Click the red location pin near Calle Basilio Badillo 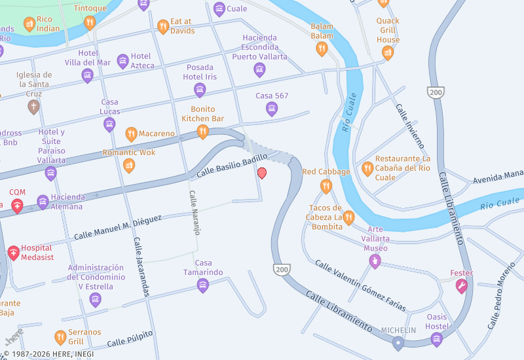(262, 173)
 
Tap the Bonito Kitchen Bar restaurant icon (203, 132)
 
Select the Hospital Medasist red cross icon (13, 252)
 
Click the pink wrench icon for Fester (462, 286)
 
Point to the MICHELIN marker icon (398, 342)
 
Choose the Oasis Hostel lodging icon (437, 339)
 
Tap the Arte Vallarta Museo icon (375, 261)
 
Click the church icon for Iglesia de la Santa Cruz (33, 106)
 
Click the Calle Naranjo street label (195, 213)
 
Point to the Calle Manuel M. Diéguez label (118, 226)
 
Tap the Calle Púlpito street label (130, 338)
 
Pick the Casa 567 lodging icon (272, 109)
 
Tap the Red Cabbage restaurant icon (326, 187)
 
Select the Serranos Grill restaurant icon (60, 337)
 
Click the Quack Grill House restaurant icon (388, 52)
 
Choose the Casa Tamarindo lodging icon (203, 285)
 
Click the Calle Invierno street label (410, 125)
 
